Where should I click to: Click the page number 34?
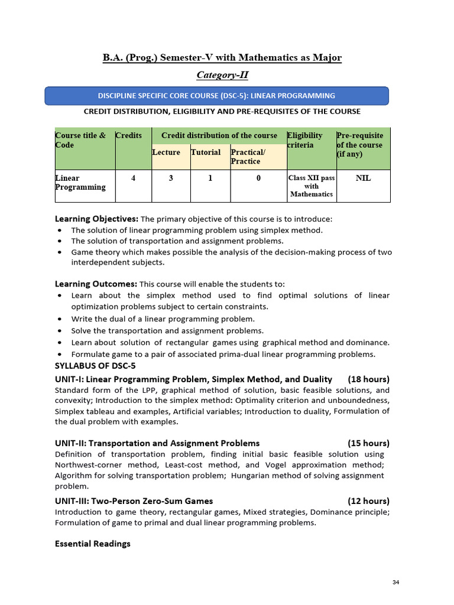[x=395, y=583]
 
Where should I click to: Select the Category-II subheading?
[x=222, y=75]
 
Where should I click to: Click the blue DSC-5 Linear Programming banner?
[x=217, y=96]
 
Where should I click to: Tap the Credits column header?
[x=129, y=136]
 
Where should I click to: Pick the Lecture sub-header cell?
[x=166, y=152]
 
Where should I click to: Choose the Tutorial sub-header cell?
[x=206, y=152]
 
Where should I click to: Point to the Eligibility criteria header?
[x=305, y=140]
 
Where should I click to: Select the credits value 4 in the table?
[x=134, y=178]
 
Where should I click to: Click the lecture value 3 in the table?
[x=171, y=178]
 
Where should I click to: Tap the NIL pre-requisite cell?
[x=364, y=178]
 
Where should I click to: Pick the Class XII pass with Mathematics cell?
[x=312, y=186]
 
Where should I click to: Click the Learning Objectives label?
[x=96, y=219]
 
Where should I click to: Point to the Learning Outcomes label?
[x=96, y=284]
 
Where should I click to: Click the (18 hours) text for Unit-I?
[x=369, y=379]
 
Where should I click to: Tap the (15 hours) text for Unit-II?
[x=369, y=443]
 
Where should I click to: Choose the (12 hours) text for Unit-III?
[x=369, y=501]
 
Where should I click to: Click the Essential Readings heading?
[x=93, y=544]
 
